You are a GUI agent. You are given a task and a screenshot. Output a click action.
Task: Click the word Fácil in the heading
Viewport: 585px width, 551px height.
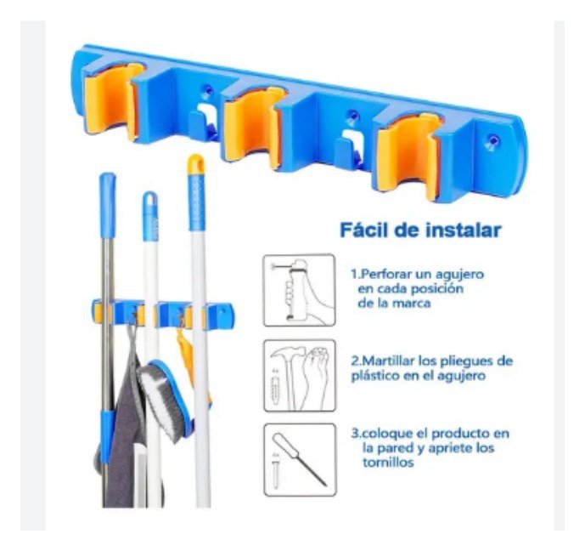pos(362,230)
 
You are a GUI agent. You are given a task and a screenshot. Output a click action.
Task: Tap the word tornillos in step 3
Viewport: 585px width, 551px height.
pos(388,463)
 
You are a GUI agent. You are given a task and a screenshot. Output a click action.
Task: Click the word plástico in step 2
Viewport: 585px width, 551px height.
pos(374,376)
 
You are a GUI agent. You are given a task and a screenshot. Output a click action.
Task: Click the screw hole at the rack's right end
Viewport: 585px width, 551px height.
pos(493,141)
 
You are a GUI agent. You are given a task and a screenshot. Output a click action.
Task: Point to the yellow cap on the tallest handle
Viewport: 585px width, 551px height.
pos(196,164)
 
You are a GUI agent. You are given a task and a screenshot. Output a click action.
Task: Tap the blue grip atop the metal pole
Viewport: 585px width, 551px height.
pos(108,205)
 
